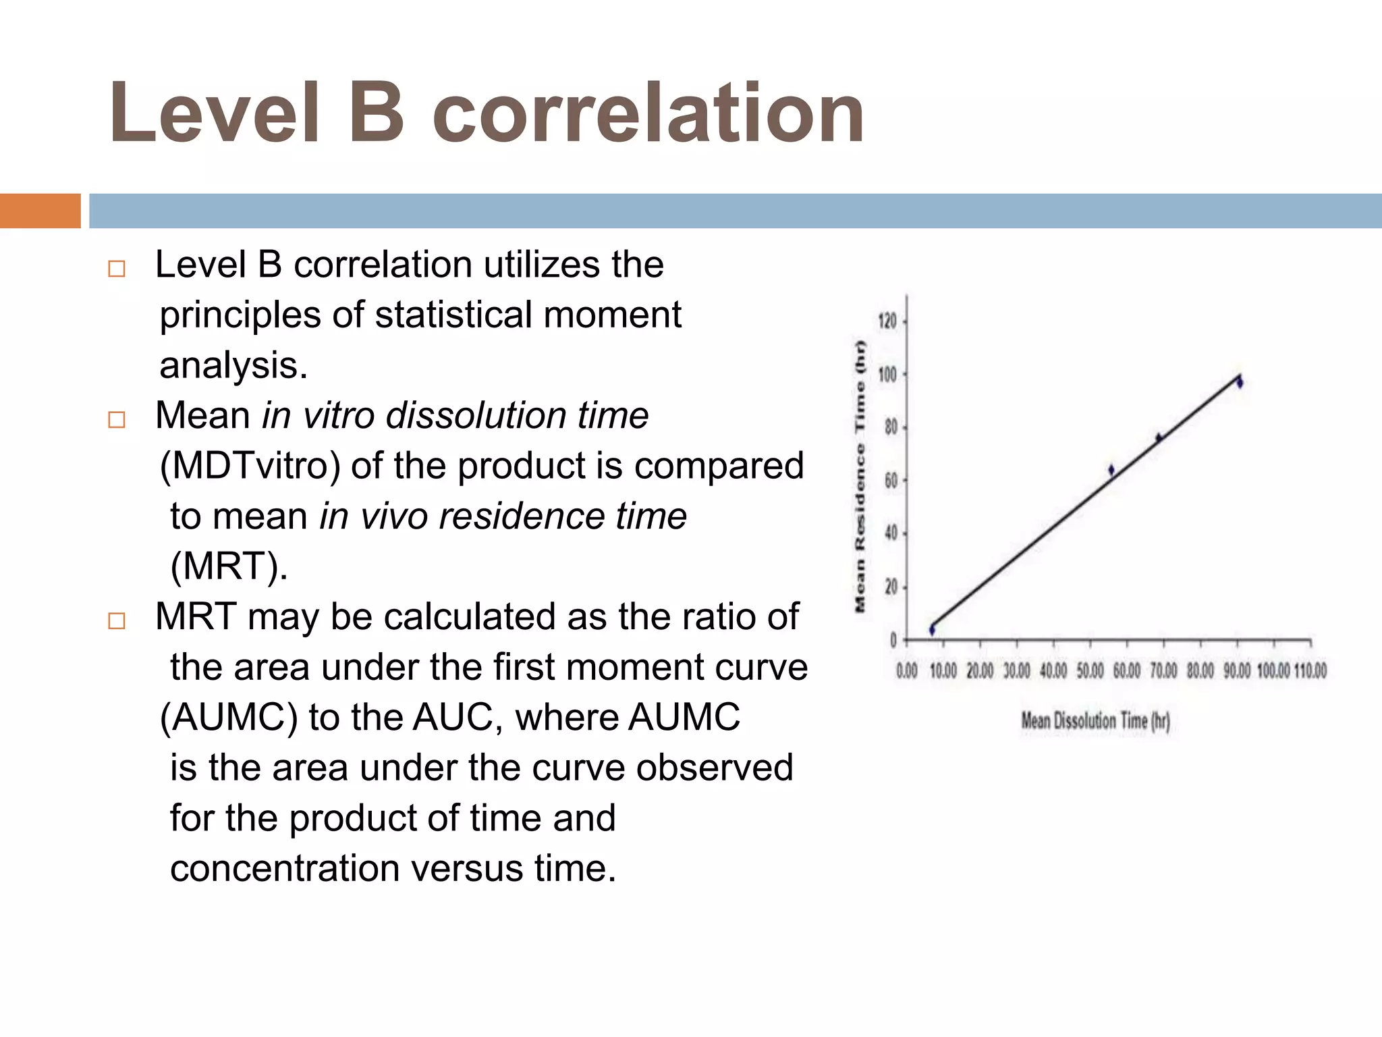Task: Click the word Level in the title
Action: pos(213,113)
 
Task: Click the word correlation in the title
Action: pos(648,113)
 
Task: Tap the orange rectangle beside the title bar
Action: pos(40,211)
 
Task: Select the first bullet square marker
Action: pos(117,269)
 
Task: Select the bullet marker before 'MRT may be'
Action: pos(117,621)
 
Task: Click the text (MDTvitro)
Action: pos(250,466)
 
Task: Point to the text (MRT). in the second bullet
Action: pos(229,566)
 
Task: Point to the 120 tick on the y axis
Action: pos(887,321)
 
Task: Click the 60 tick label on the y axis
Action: pos(891,481)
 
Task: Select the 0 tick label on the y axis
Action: pos(893,640)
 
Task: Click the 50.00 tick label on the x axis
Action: pos(1090,671)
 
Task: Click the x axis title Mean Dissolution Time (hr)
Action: pos(1095,721)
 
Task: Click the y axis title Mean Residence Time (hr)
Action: pos(860,476)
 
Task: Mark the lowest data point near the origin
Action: pos(932,629)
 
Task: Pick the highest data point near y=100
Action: pos(1240,382)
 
